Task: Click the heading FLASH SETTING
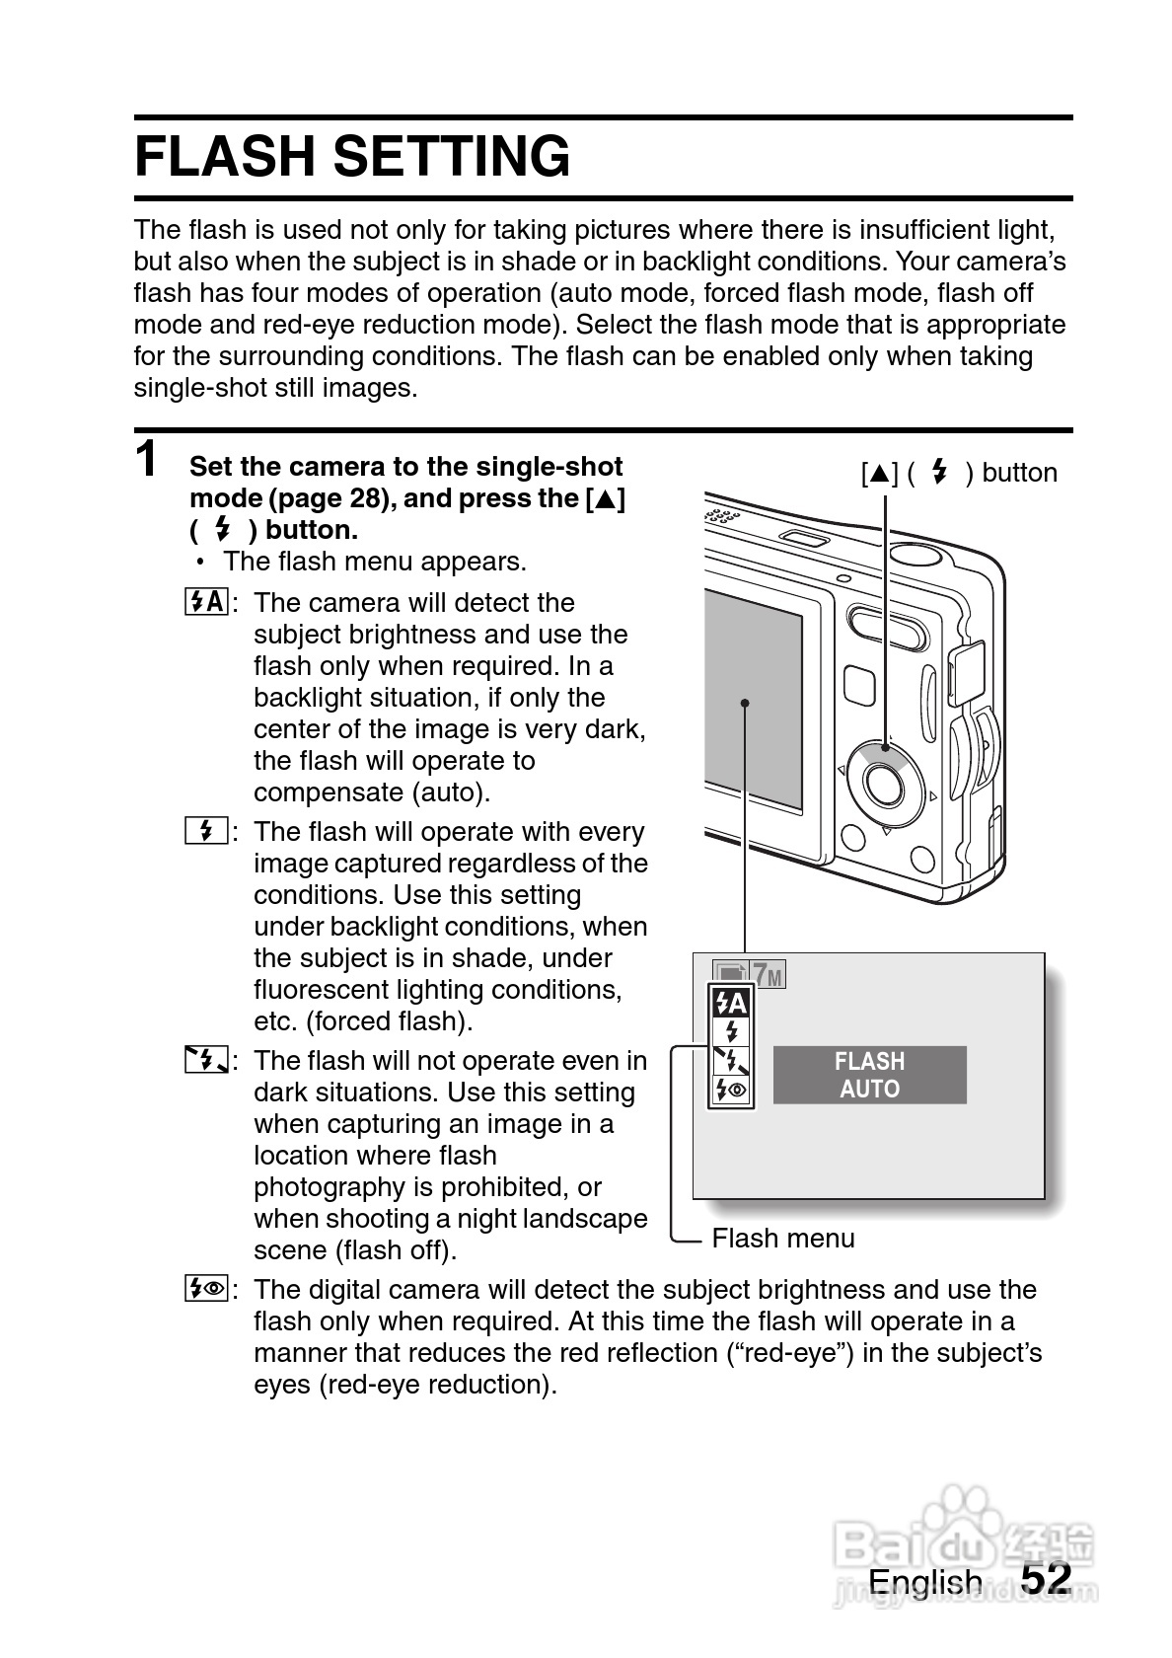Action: click(352, 157)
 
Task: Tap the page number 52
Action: click(1046, 1578)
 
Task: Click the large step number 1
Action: click(147, 460)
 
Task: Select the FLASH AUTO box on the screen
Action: click(869, 1075)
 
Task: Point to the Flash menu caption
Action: click(783, 1239)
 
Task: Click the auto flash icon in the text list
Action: click(206, 602)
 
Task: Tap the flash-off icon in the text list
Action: click(206, 1061)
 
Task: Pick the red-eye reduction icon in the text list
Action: click(206, 1289)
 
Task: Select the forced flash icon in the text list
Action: click(206, 831)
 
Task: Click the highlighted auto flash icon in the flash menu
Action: click(731, 1005)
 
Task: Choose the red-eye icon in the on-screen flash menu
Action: click(731, 1091)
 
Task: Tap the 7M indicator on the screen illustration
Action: click(769, 975)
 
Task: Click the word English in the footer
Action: click(925, 1581)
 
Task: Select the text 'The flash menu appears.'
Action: click(375, 562)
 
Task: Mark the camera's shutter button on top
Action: click(917, 549)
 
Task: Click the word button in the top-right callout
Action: click(1019, 473)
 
